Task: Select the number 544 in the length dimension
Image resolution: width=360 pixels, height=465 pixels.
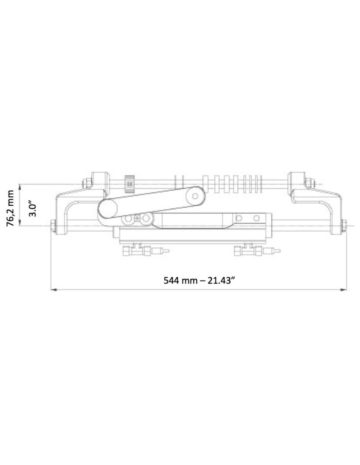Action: [x=171, y=281]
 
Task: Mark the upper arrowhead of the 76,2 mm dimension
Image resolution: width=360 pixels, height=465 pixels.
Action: [x=20, y=187]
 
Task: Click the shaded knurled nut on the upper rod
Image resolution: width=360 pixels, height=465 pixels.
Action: [x=130, y=184]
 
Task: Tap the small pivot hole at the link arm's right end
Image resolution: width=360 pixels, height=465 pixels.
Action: [x=195, y=196]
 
